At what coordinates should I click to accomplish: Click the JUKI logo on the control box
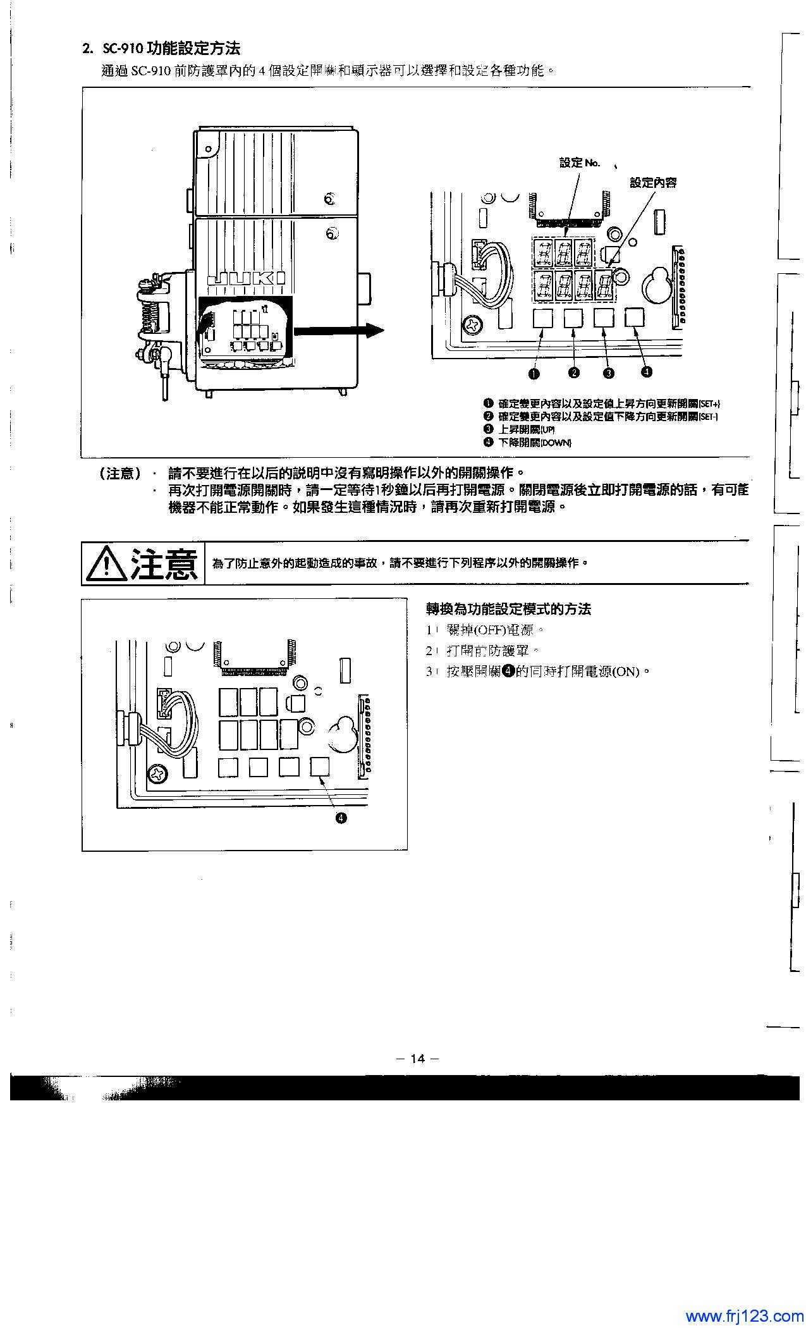(245, 279)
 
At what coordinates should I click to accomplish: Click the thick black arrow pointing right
(338, 330)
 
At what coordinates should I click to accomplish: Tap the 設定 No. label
(579, 163)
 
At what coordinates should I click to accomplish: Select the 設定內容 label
(653, 182)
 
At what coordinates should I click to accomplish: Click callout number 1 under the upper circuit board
(535, 373)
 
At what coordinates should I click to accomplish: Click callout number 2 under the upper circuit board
(573, 373)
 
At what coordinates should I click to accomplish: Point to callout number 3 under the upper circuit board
(608, 373)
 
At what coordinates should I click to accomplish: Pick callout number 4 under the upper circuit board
(646, 371)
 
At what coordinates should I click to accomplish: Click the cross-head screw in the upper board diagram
(472, 324)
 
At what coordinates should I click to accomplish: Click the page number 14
(417, 1059)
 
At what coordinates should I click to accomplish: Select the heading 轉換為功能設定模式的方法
(508, 609)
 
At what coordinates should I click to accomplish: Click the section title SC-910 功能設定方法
(161, 48)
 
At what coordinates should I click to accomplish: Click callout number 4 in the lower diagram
(340, 819)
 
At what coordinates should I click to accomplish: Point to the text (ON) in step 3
(626, 672)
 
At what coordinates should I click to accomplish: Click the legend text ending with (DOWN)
(535, 442)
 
